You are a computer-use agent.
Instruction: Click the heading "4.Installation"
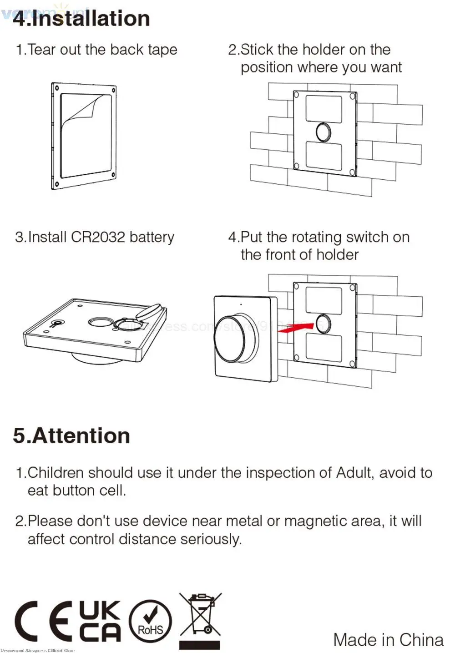click(x=81, y=19)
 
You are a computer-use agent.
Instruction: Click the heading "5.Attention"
click(x=71, y=435)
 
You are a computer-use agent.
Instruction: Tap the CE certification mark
click(x=44, y=621)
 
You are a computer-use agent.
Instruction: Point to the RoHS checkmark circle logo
click(x=150, y=622)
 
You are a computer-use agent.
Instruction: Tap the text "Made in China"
click(x=388, y=639)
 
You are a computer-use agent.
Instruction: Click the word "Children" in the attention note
click(x=56, y=473)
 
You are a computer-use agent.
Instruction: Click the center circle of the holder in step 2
click(x=323, y=132)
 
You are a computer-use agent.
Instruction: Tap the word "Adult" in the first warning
click(x=354, y=473)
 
